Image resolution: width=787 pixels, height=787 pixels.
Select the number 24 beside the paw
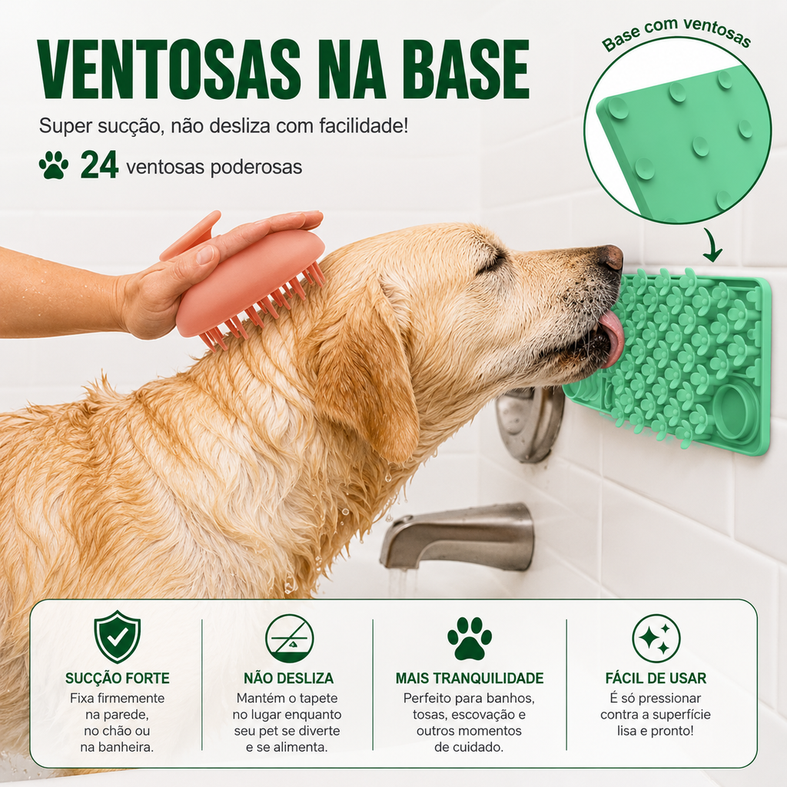pyautogui.click(x=99, y=165)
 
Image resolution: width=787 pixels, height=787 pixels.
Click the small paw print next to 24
pyautogui.click(x=54, y=165)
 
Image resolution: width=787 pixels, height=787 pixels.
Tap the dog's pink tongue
pyautogui.click(x=613, y=339)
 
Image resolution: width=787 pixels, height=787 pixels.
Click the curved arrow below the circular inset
pyautogui.click(x=711, y=245)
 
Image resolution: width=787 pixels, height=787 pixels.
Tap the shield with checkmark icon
pyautogui.click(x=117, y=637)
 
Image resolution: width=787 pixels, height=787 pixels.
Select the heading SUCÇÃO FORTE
pyautogui.click(x=118, y=678)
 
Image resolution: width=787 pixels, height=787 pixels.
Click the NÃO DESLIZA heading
pyautogui.click(x=289, y=678)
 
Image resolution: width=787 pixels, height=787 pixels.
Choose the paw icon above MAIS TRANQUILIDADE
pyautogui.click(x=470, y=638)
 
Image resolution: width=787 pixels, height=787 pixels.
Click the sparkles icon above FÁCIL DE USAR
pyautogui.click(x=656, y=639)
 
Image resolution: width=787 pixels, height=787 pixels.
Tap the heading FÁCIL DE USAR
pyautogui.click(x=656, y=678)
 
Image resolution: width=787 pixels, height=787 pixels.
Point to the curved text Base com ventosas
pyautogui.click(x=676, y=33)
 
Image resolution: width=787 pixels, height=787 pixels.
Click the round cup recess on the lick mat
pyautogui.click(x=736, y=411)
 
